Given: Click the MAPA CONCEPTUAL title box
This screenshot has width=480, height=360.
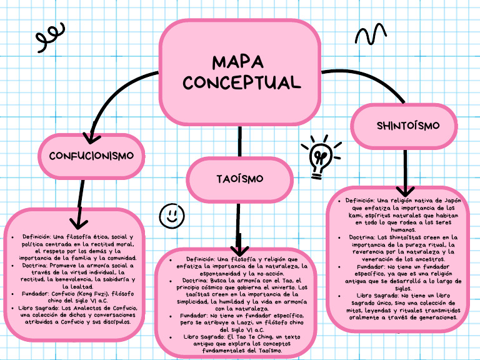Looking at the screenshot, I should click(240, 72).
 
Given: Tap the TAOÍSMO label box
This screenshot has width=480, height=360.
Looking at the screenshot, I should click(239, 179).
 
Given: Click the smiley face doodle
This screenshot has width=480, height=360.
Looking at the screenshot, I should click(171, 215).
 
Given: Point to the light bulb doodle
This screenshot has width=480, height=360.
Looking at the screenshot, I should click(321, 156).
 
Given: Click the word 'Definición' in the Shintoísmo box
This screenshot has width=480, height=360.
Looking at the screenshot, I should click(359, 201).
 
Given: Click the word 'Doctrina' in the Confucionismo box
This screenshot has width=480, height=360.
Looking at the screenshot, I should click(36, 265).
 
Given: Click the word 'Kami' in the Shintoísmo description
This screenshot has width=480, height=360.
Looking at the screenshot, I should click(360, 215).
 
